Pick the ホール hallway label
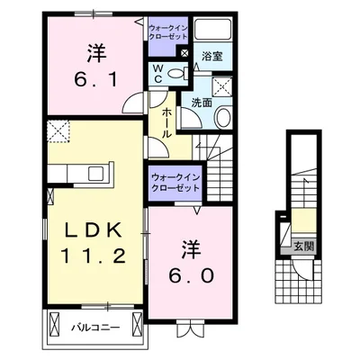[168, 121]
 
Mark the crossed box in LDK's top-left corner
[59, 133]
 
